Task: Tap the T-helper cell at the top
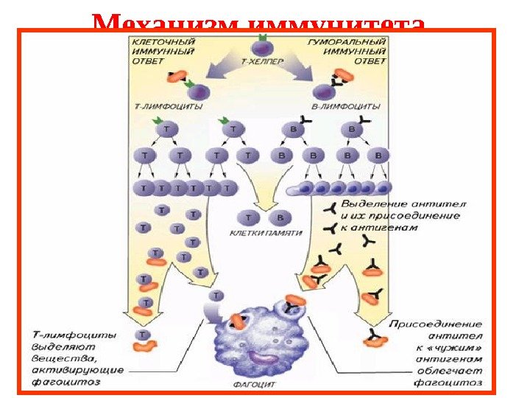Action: click(261, 49)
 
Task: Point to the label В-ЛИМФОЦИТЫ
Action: click(342, 107)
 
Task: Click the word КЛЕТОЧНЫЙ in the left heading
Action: click(162, 43)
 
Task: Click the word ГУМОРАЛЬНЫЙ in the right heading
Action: click(347, 43)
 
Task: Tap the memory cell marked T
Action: click(250, 217)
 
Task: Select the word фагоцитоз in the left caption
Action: click(66, 383)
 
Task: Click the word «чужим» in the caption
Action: click(456, 347)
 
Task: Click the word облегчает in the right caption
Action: click(450, 371)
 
